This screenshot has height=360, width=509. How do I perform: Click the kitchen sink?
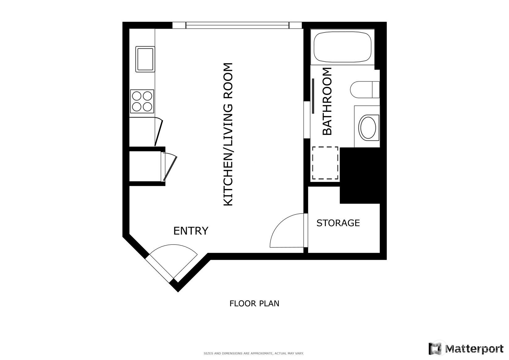pyautogui.click(x=145, y=59)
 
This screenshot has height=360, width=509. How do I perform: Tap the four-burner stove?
pyautogui.click(x=142, y=101)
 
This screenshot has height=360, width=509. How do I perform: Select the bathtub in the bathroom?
pyautogui.click(x=342, y=47)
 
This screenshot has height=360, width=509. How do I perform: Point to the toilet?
pyautogui.click(x=364, y=90)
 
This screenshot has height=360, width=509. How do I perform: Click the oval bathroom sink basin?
pyautogui.click(x=368, y=127)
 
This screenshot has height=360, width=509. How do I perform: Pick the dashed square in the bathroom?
pyautogui.click(x=325, y=163)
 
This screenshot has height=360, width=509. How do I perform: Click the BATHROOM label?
pyautogui.click(x=327, y=101)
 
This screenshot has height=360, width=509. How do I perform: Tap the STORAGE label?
pyautogui.click(x=338, y=223)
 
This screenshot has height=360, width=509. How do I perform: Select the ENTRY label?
pyautogui.click(x=191, y=231)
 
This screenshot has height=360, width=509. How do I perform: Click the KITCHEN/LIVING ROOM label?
pyautogui.click(x=228, y=134)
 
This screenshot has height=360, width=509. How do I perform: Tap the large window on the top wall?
pyautogui.click(x=237, y=25)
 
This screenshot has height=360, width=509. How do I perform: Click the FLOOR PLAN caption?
pyautogui.click(x=254, y=303)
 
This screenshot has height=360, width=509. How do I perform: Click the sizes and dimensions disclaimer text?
pyautogui.click(x=253, y=353)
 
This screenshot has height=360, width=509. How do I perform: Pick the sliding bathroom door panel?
pyautogui.click(x=313, y=96)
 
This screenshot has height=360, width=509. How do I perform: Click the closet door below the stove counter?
pyautogui.click(x=159, y=132)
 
